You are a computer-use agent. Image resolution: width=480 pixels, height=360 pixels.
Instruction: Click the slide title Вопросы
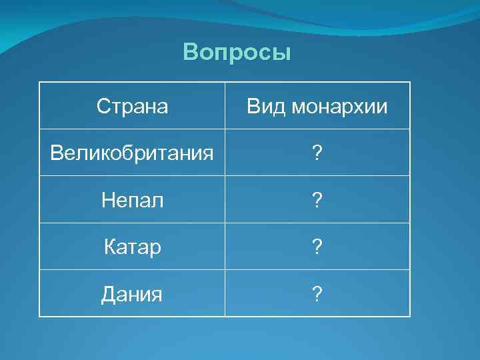pyautogui.click(x=237, y=52)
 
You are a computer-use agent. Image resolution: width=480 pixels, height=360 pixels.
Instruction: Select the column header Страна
pyautogui.click(x=132, y=106)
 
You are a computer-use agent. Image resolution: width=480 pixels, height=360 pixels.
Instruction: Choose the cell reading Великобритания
pyautogui.click(x=132, y=153)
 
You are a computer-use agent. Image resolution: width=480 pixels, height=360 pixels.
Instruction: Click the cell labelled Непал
pyautogui.click(x=132, y=200)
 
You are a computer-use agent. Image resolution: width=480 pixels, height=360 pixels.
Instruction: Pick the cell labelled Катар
pyautogui.click(x=132, y=247)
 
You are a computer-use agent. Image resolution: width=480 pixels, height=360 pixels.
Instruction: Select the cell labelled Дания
pyautogui.click(x=132, y=293)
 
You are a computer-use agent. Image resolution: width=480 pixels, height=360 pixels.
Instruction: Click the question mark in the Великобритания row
pyautogui.click(x=317, y=153)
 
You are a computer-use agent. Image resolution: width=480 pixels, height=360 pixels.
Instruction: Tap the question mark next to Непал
pyautogui.click(x=317, y=200)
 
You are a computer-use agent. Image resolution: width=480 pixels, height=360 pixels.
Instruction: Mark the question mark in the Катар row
pyautogui.click(x=317, y=247)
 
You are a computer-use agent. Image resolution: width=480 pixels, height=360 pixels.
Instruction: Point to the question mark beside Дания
pyautogui.click(x=317, y=293)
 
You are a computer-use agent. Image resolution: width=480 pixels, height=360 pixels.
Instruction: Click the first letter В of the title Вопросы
pyautogui.click(x=190, y=52)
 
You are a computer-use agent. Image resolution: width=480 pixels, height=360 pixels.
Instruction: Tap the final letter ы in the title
pyautogui.click(x=283, y=53)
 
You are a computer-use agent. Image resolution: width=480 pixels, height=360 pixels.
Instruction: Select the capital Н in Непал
pyautogui.click(x=108, y=200)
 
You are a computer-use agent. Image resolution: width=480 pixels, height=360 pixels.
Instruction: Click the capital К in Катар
pyautogui.click(x=110, y=247)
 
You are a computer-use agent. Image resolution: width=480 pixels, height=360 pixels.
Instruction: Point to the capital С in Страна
pyautogui.click(x=103, y=106)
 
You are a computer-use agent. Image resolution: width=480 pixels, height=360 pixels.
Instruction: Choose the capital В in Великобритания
pyautogui.click(x=57, y=153)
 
